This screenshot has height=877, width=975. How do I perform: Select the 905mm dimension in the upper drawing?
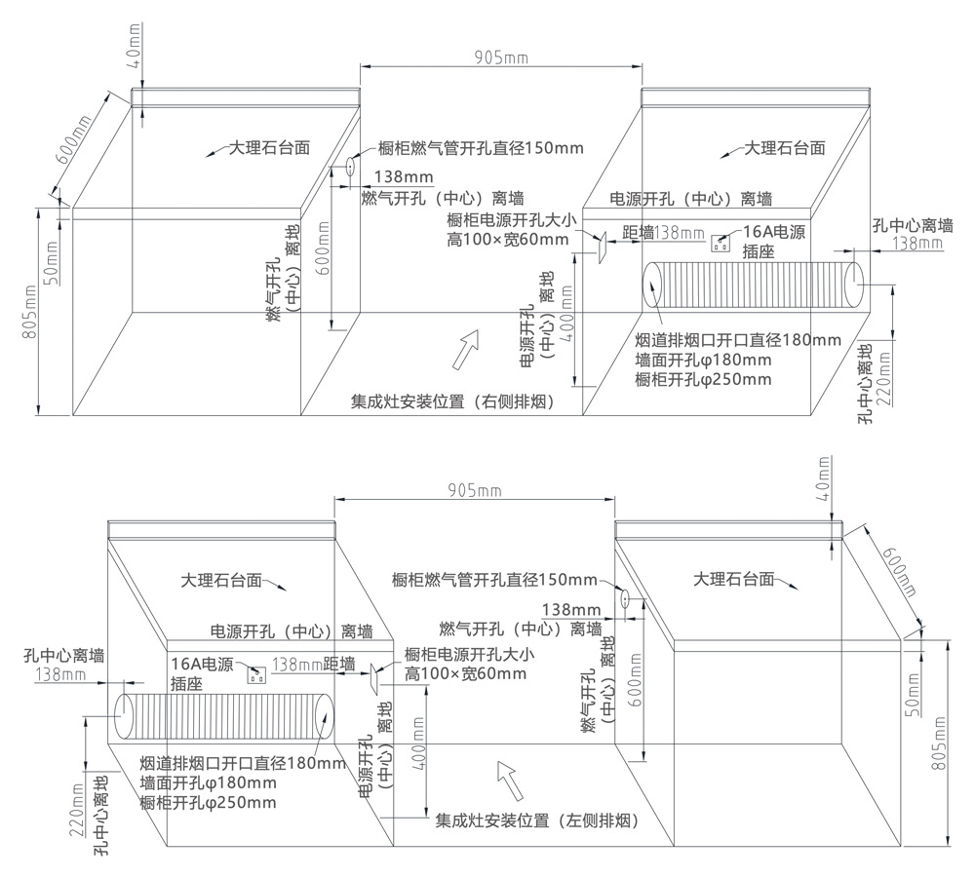(x=502, y=57)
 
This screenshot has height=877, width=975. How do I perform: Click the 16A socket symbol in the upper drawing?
(x=722, y=242)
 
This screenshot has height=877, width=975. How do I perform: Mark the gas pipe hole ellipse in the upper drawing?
(x=349, y=169)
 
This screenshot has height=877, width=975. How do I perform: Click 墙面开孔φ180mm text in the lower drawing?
(x=208, y=782)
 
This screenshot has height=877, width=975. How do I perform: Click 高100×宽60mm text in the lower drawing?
(x=466, y=673)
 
